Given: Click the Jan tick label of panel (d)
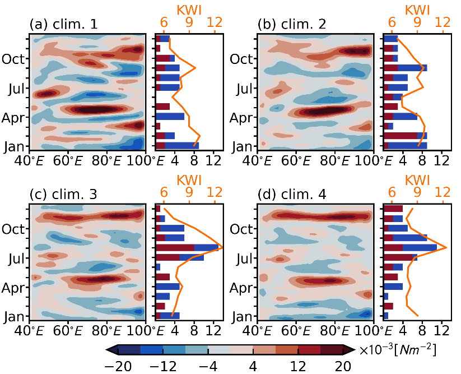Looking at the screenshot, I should tap(241, 317).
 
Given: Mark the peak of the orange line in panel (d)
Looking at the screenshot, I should tap(446, 247).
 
